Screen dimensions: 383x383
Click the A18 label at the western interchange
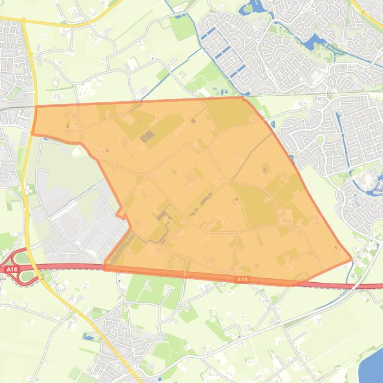(x=11, y=269)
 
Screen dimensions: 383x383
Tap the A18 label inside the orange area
(x=242, y=280)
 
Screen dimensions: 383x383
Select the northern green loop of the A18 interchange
(x=20, y=258)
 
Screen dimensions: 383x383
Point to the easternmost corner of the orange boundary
(x=352, y=259)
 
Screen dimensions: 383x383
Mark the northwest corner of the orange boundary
(x=36, y=106)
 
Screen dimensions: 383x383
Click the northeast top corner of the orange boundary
(x=243, y=97)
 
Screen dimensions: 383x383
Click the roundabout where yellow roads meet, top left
(x=23, y=21)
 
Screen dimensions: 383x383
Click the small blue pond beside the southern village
(x=89, y=337)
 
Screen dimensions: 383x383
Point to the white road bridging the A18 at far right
(x=353, y=286)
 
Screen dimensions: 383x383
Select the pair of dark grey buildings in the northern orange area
(x=148, y=136)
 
